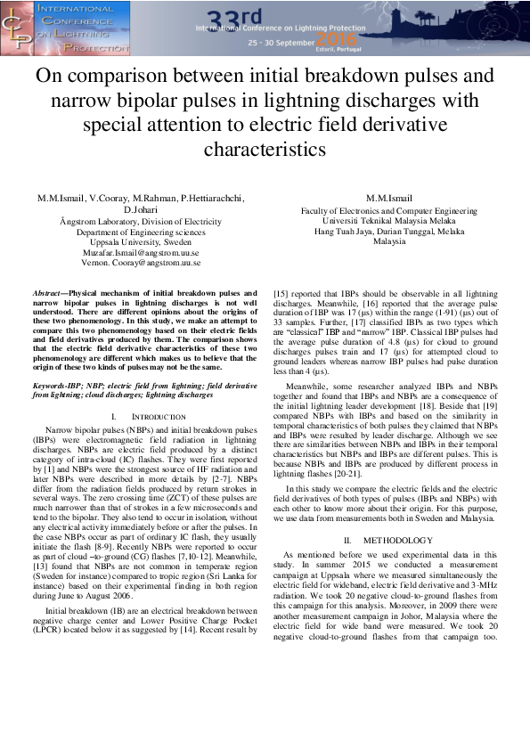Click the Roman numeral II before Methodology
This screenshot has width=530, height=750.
347,540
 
